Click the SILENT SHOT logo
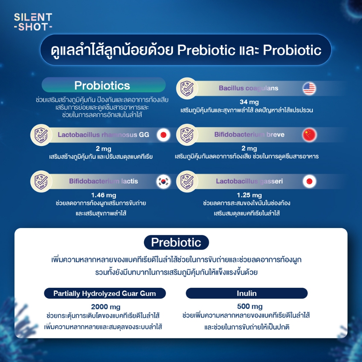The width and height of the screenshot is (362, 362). click(33, 22)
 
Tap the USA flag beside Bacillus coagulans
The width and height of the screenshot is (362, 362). click(309, 88)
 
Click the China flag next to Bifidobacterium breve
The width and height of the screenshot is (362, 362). click(309, 135)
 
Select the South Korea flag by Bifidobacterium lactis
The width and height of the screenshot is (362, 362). click(163, 181)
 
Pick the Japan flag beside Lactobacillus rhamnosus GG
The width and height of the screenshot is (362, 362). click(163, 135)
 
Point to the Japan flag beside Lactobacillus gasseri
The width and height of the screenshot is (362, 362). click(309, 181)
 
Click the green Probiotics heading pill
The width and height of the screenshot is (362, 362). click(104, 85)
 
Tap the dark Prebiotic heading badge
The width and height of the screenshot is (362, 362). click(176, 243)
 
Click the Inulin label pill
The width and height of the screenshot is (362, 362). click(246, 293)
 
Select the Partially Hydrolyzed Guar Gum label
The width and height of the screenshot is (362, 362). click(105, 293)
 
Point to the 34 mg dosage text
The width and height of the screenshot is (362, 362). click(249, 102)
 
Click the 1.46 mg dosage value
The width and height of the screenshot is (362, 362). click(104, 195)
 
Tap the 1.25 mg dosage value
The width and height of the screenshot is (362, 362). click(249, 195)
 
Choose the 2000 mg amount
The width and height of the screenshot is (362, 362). click(106, 306)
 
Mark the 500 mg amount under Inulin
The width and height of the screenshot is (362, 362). click(250, 306)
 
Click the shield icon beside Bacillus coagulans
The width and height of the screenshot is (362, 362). click(187, 88)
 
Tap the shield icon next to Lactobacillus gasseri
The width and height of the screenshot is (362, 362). click(187, 181)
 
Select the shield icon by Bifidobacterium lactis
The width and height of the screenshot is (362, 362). click(41, 181)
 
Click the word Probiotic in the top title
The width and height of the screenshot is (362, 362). click(292, 50)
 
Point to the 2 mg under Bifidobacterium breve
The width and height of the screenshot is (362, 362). click(249, 148)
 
